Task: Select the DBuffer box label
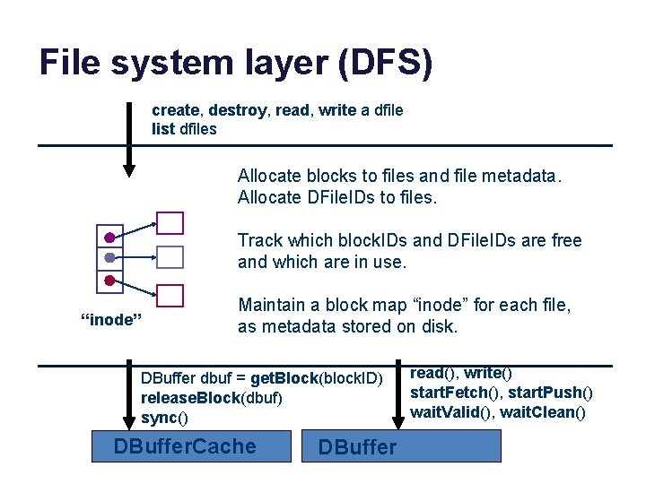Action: coord(357,447)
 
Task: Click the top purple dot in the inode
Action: coord(109,238)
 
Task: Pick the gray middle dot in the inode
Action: coord(109,258)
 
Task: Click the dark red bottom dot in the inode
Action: coord(109,281)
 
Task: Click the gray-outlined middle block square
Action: coord(170,258)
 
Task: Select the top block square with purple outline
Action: coord(170,222)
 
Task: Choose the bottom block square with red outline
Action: coord(170,296)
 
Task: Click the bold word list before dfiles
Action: coord(162,128)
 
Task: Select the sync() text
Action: coord(165,418)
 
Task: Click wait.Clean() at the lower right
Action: coord(543,412)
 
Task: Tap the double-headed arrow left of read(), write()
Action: coord(397,398)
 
